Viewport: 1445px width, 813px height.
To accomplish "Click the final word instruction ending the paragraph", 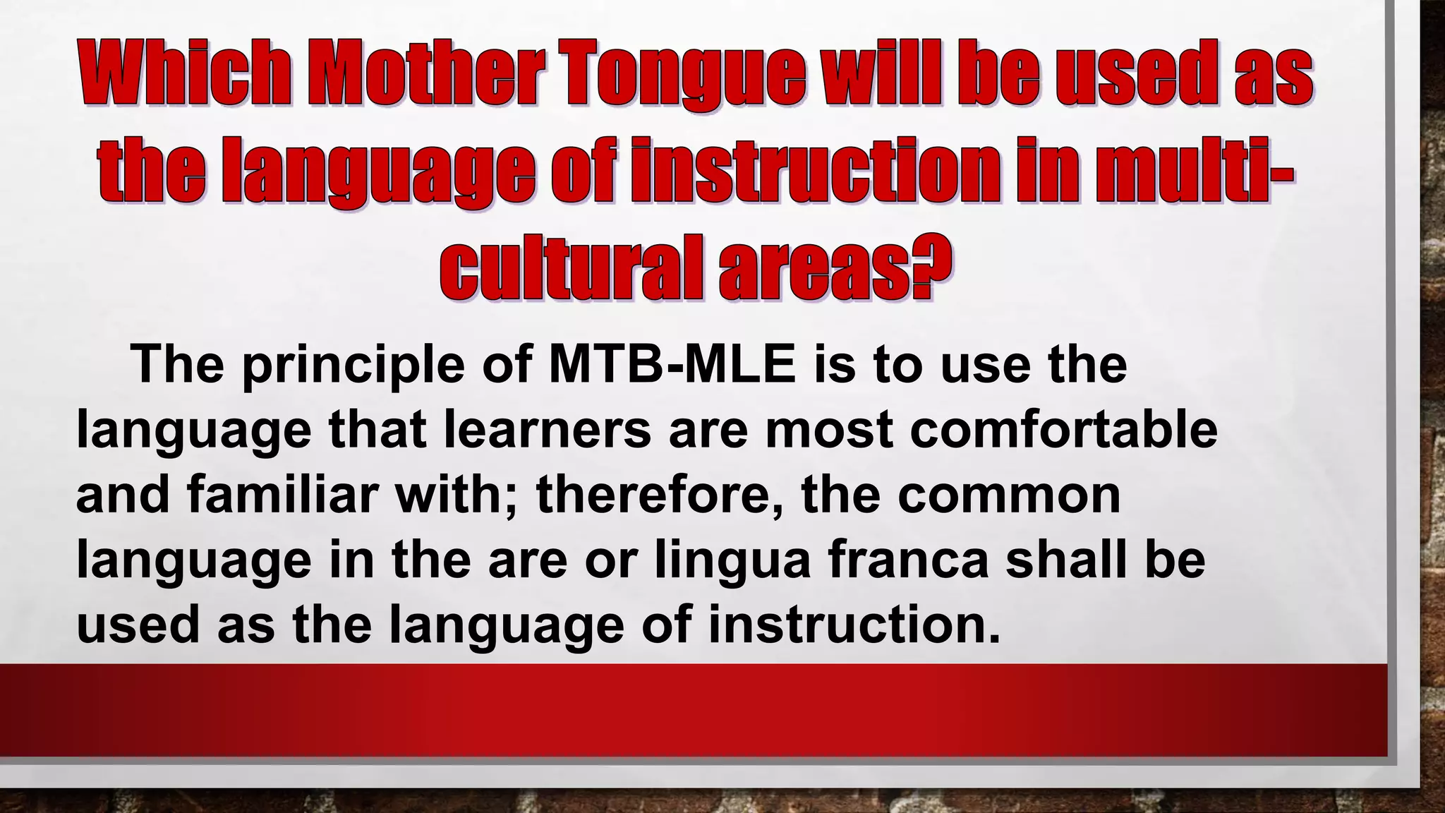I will tap(854, 625).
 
